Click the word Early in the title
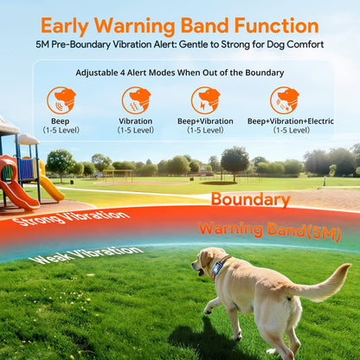pyautogui.click(x=72, y=25)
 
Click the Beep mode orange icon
pyautogui.click(x=61, y=100)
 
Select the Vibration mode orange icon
pyautogui.click(x=136, y=100)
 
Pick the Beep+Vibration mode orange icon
pyautogui.click(x=205, y=100)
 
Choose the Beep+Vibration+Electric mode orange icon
pyautogui.click(x=284, y=100)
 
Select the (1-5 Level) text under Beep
pyautogui.click(x=61, y=131)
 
